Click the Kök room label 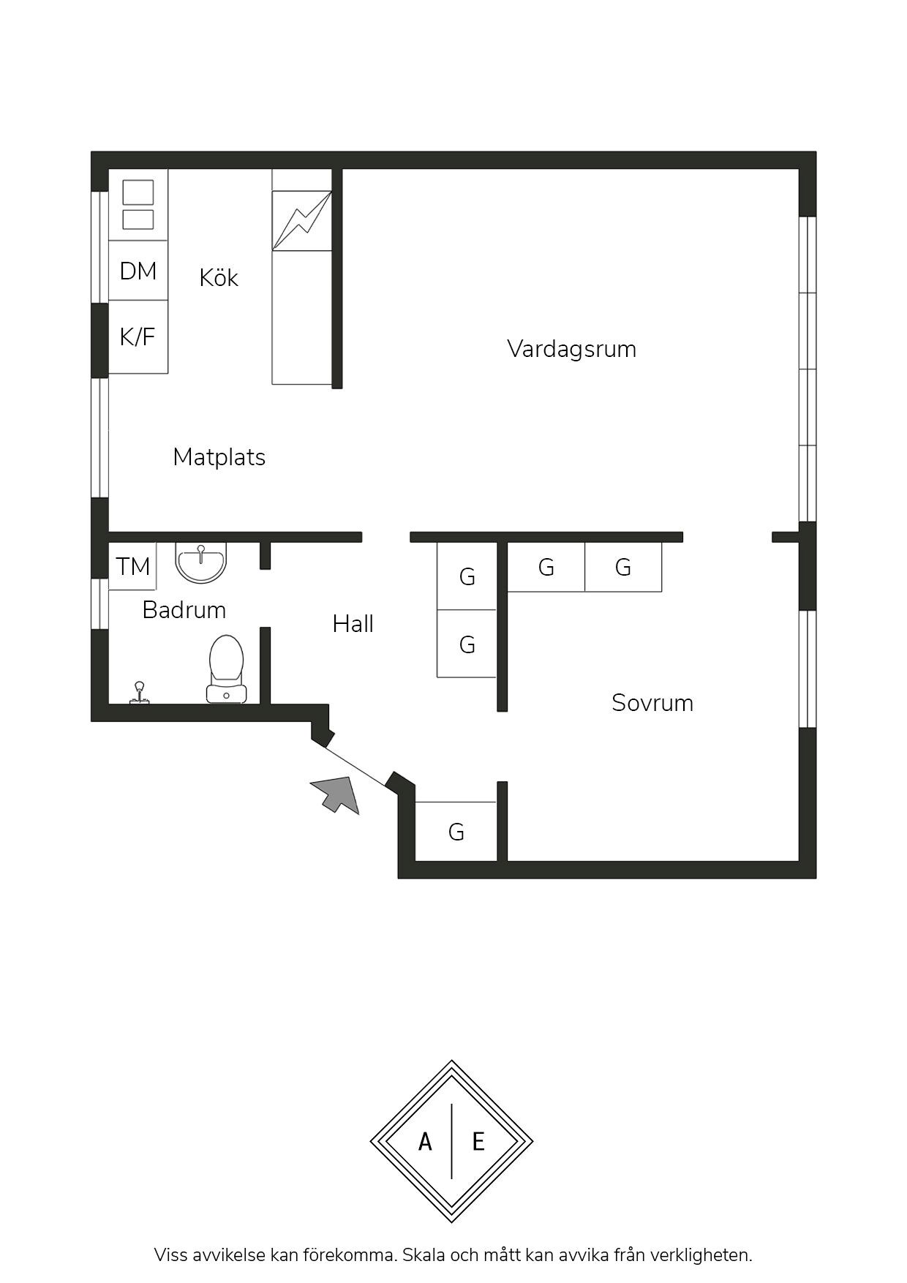coord(219,278)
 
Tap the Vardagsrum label coord(571,349)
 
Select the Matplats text coord(219,457)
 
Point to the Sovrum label coord(652,703)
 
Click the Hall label coord(353,624)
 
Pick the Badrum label coord(184,610)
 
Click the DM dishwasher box coord(138,271)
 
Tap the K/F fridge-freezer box coord(138,337)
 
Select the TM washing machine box coord(132,566)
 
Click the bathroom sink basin coord(201,562)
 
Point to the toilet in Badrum coord(226,669)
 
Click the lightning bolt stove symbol coord(301,221)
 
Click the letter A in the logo coord(425,1141)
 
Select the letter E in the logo coord(478,1141)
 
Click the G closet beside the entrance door coord(456,832)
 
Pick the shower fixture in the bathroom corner coord(139,693)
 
